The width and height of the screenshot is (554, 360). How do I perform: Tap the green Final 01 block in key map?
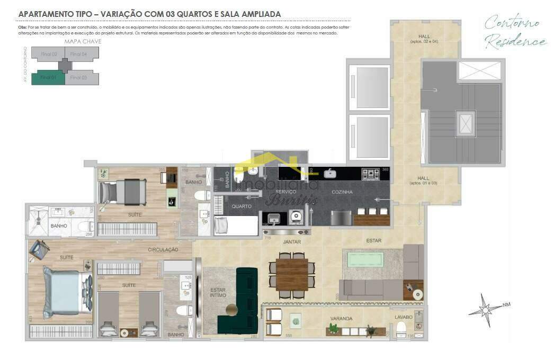tap(48, 78)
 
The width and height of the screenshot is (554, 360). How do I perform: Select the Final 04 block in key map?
tap(81, 53)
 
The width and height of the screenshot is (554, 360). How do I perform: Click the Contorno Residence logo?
tap(514, 32)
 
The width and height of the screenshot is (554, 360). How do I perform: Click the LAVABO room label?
tap(403, 317)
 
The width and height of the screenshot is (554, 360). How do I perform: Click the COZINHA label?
tap(342, 192)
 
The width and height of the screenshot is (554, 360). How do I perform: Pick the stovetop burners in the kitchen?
tap(370, 174)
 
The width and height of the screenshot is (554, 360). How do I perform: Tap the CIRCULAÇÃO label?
tap(163, 249)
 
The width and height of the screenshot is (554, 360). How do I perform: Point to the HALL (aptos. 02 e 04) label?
tap(423, 39)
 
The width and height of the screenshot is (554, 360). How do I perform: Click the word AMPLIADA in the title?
tap(257, 14)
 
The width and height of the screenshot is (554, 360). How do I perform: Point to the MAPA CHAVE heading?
tap(83, 41)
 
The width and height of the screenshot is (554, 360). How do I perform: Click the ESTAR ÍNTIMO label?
tap(218, 293)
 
